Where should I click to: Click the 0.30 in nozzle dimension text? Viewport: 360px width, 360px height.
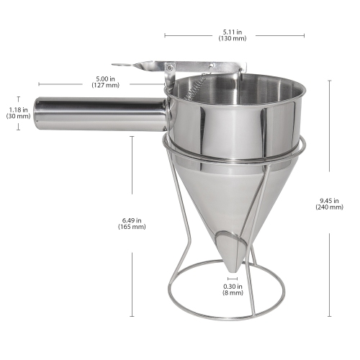(232, 285)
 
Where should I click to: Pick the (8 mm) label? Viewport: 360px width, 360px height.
(232, 293)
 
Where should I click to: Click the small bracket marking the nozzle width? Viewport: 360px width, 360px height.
(232, 276)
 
